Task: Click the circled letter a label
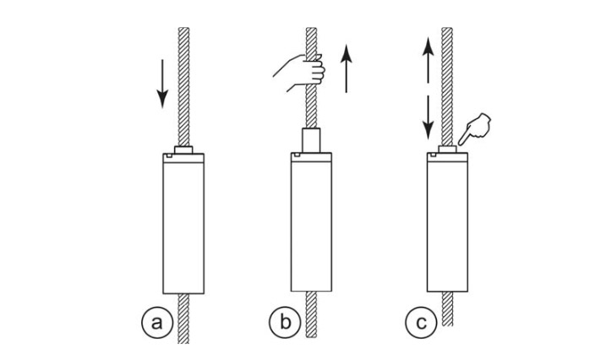pyautogui.click(x=155, y=323)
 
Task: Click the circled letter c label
pyautogui.click(x=419, y=323)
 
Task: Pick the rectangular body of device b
pyautogui.click(x=314, y=224)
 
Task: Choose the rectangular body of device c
pyautogui.click(x=448, y=224)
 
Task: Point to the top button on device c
pyautogui.click(x=448, y=150)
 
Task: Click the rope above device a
pyautogui.click(x=184, y=85)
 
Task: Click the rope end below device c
pyautogui.click(x=448, y=304)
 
